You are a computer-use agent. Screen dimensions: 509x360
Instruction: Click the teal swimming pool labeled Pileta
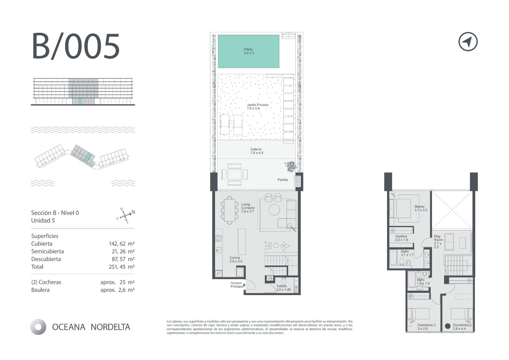248,51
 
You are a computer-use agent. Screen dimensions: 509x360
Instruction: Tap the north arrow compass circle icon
468,42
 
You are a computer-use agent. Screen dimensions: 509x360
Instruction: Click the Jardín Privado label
257,107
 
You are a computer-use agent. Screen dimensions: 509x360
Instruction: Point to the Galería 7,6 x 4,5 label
256,151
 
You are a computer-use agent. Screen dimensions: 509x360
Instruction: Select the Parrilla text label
282,180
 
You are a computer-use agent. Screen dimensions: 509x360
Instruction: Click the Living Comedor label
248,208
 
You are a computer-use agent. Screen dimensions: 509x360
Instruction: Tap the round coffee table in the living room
274,209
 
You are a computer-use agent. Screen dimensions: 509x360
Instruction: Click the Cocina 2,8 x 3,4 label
236,259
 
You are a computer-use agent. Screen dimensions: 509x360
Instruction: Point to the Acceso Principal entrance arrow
245,285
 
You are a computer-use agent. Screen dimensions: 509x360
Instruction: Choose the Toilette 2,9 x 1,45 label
283,288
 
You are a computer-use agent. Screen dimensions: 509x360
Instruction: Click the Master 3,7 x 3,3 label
421,208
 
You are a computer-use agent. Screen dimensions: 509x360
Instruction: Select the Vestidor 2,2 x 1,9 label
401,238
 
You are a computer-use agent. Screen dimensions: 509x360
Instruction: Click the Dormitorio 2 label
427,325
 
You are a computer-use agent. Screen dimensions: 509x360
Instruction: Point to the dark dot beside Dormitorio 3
447,326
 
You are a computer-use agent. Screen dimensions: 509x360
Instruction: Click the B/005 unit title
76,46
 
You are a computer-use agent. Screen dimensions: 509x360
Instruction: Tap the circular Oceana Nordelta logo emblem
38,327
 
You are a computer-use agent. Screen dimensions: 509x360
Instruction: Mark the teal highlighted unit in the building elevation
80,102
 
